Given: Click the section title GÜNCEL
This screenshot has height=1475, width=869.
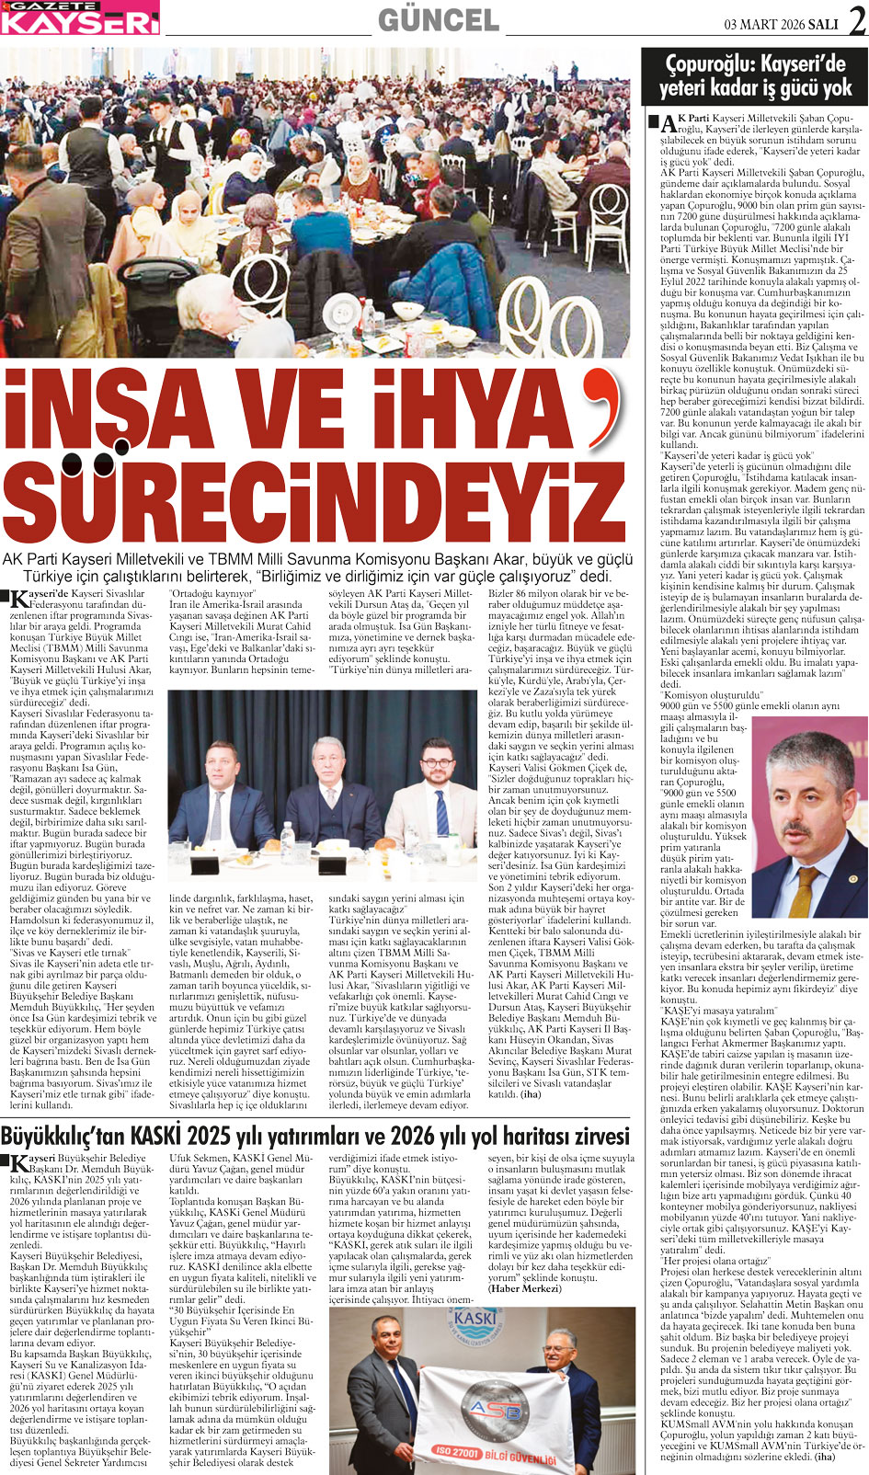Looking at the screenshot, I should tap(438, 19).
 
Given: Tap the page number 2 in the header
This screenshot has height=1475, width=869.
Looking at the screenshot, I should tap(857, 21).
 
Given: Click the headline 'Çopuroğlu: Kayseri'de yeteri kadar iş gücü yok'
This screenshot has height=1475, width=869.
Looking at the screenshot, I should tap(755, 77).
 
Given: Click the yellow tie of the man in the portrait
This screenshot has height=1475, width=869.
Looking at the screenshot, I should tap(806, 890).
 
